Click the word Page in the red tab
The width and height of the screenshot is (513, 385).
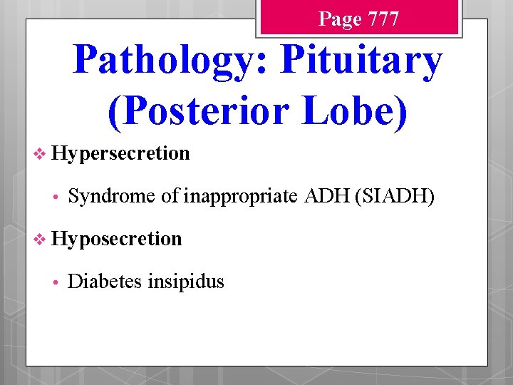tap(340, 19)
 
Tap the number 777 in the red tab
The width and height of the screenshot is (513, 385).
tap(379, 19)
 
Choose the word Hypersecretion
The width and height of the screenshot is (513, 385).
tap(120, 153)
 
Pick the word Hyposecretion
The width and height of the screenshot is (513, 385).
tap(117, 238)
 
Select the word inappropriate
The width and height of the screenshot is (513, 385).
tap(242, 196)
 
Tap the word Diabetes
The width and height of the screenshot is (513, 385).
tap(105, 282)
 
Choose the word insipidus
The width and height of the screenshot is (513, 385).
tap(185, 282)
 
